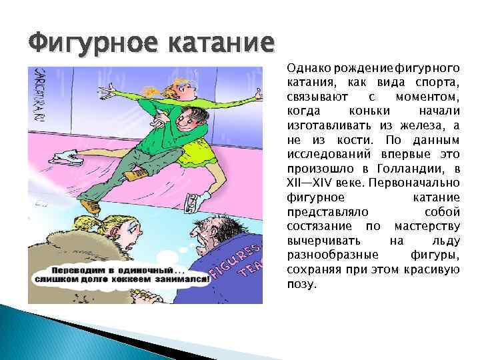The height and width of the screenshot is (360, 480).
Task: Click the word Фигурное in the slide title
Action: pyautogui.click(x=90, y=45)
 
